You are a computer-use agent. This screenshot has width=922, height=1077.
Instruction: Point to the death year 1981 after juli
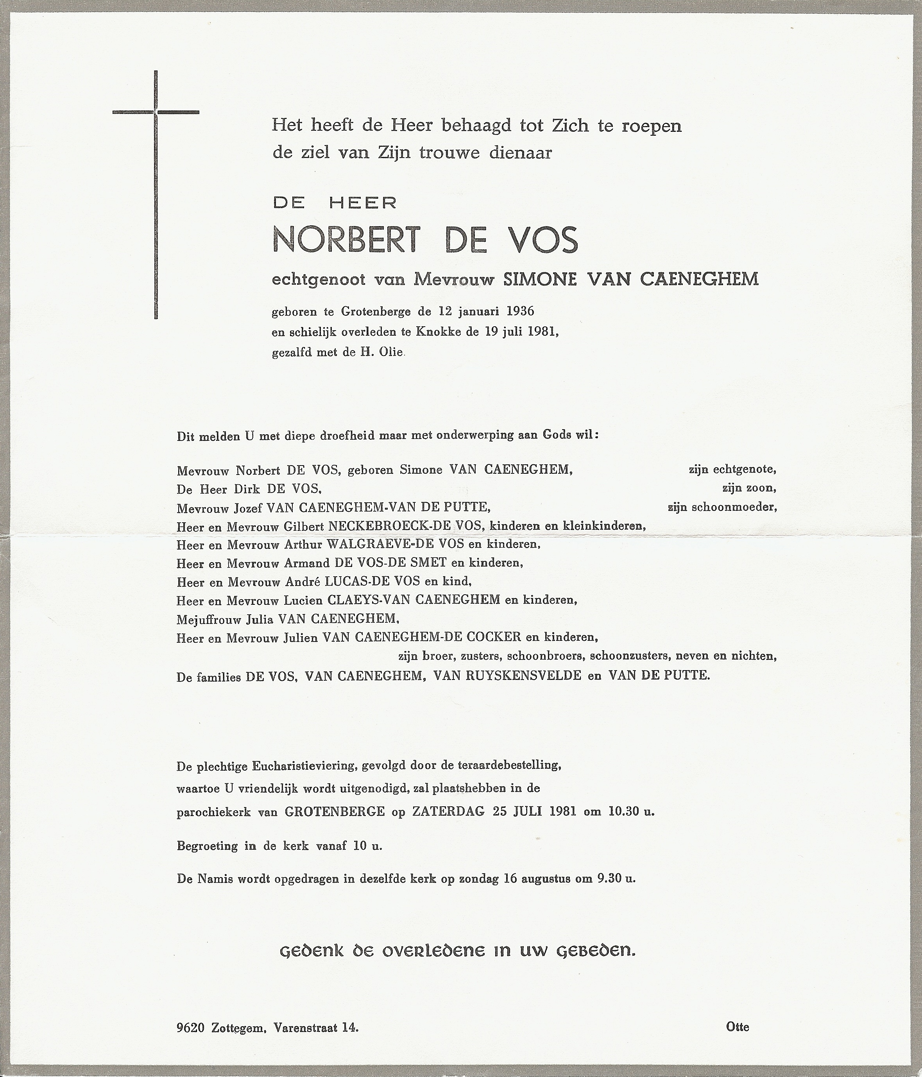pos(541,332)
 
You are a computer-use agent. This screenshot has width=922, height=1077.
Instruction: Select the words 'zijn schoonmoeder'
pos(722,507)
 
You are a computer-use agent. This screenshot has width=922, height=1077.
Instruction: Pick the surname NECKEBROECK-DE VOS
pos(406,526)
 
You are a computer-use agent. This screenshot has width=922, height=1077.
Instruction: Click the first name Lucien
pos(303,600)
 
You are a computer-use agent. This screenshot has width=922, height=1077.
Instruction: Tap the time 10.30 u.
pos(630,811)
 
